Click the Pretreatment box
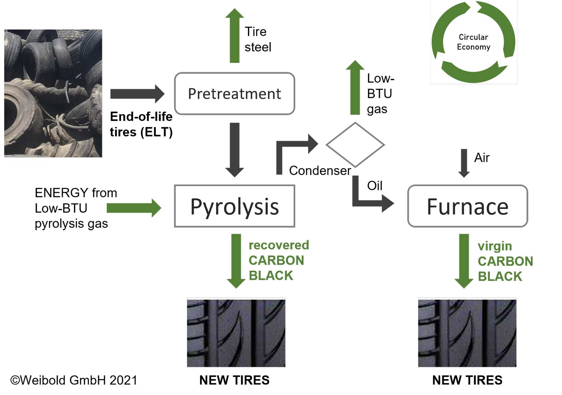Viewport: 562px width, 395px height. [235, 94]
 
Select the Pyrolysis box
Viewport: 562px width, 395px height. [235, 206]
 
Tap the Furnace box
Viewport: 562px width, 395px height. [468, 206]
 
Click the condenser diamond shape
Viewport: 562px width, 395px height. [355, 144]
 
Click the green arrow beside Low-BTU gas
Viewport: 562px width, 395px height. [355, 88]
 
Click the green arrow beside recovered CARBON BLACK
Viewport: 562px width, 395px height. [236, 260]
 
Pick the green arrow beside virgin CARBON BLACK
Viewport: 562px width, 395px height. [464, 260]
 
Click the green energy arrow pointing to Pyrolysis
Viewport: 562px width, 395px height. [134, 208]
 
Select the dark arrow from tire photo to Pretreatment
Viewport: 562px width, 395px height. [137, 94]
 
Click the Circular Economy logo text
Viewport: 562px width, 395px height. [474, 42]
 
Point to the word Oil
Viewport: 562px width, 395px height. [375, 186]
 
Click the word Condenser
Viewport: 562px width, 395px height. [320, 171]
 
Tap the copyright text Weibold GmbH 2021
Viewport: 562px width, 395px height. [74, 380]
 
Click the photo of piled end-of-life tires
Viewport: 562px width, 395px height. [53, 93]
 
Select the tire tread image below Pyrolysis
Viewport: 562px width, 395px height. [236, 332]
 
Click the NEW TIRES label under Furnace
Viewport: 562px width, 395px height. [467, 380]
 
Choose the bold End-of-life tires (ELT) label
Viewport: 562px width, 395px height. [141, 124]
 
